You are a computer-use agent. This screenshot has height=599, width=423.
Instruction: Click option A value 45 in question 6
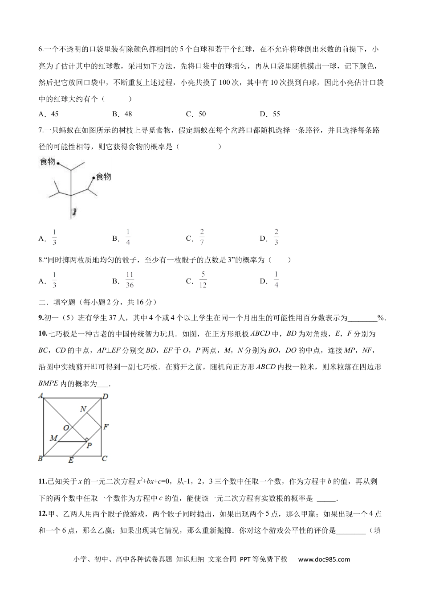[55, 114]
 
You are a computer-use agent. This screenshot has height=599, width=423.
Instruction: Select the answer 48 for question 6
[128, 114]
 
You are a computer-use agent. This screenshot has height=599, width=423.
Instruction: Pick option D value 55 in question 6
[276, 114]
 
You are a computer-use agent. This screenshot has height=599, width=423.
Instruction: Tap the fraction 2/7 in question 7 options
[202, 238]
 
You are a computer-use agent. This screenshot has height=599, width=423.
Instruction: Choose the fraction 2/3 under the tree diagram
[276, 238]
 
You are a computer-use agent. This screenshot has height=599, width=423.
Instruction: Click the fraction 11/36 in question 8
[130, 280]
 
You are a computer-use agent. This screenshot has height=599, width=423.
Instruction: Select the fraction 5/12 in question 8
[203, 280]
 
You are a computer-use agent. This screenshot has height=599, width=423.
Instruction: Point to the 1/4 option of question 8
[276, 280]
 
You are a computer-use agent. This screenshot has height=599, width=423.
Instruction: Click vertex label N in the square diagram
[83, 409]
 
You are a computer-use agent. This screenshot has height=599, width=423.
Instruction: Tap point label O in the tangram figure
[66, 428]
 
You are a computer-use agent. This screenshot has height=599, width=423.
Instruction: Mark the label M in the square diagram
[53, 439]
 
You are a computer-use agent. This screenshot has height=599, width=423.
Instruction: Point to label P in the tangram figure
[89, 445]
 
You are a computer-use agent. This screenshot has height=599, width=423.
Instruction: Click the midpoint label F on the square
[106, 427]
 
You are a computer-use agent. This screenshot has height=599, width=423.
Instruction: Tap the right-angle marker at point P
[86, 440]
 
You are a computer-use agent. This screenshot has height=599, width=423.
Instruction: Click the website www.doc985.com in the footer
[324, 560]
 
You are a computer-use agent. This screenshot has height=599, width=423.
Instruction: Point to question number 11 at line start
[43, 481]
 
